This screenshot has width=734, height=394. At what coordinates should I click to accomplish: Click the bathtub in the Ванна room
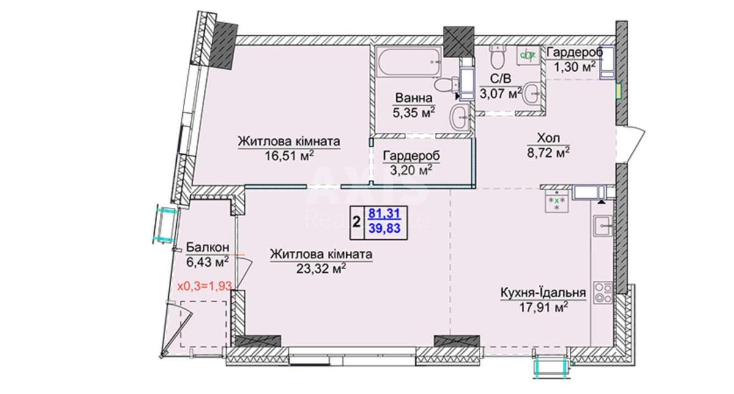coord(409,62)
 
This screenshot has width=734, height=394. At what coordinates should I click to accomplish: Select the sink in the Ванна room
coord(460,117)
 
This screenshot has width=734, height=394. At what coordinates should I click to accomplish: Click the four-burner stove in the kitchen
coord(603,292)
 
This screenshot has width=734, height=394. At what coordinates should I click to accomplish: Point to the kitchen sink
coord(603,226)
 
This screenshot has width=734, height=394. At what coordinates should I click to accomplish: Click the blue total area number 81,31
coord(384,214)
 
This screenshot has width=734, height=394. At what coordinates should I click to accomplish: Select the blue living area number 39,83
coord(385,228)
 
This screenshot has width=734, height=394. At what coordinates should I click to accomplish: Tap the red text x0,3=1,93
coord(204,286)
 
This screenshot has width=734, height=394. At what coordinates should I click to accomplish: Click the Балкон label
coord(207,248)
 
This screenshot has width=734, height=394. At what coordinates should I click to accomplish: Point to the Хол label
coord(548,138)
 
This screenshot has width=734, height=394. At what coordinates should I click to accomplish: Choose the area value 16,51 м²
coord(289,155)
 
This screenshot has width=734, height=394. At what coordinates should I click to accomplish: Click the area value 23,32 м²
coord(321,269)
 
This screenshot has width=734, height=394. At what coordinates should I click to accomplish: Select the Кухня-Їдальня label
coord(543,292)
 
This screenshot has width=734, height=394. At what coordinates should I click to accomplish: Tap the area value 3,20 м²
coord(411,170)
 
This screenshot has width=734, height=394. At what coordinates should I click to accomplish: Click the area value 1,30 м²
coord(574,67)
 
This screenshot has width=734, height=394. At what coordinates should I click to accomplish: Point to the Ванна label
coord(413,98)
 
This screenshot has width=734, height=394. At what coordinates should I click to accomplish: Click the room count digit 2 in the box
coord(357,222)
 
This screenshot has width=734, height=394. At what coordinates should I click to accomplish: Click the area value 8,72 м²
coord(548,152)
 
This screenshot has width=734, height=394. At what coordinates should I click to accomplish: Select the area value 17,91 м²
coord(543,308)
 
